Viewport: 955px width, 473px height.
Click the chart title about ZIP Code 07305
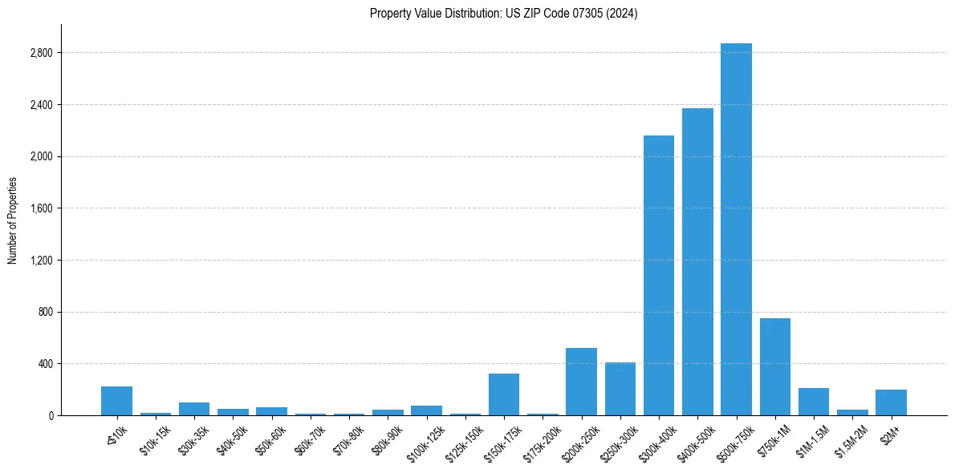(503, 14)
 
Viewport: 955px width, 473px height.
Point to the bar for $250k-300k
(620, 389)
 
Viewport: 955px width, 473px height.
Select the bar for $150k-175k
(504, 394)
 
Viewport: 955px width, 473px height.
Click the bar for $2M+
(891, 402)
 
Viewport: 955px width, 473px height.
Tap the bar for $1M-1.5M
(813, 402)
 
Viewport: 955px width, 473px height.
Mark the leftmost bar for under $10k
(116, 401)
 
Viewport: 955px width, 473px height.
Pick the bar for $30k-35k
(194, 409)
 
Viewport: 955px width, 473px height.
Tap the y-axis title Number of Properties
(13, 220)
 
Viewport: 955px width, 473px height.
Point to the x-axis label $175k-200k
(541, 439)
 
